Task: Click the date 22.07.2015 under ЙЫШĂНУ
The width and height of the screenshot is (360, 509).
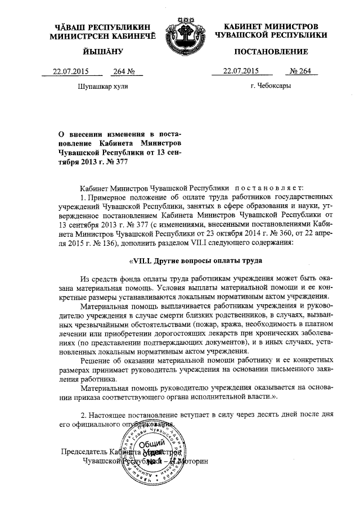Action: point(72,71)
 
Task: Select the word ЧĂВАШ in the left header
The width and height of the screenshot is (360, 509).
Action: point(68,26)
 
